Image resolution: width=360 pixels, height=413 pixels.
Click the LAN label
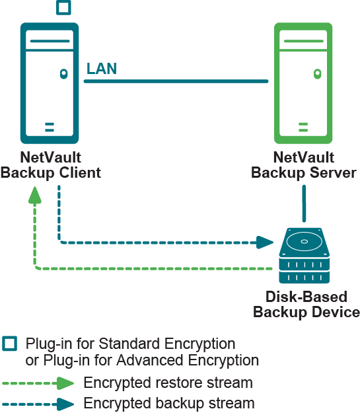click(x=102, y=69)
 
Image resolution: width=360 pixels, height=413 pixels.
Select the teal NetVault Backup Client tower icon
click(x=50, y=83)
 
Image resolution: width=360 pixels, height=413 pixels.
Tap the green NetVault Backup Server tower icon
click(x=303, y=83)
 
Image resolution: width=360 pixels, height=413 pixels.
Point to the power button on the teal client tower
click(x=63, y=74)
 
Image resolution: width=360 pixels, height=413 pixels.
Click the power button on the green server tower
click(x=317, y=74)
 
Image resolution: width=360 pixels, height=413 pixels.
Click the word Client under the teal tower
click(x=80, y=172)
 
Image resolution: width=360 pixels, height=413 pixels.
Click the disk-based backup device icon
click(x=304, y=256)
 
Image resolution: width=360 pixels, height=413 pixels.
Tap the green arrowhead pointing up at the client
click(x=35, y=195)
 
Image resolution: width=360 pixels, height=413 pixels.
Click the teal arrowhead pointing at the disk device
click(x=265, y=243)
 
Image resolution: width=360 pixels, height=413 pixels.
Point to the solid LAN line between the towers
click(x=176, y=81)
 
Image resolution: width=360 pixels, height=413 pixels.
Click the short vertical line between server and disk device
click(x=304, y=204)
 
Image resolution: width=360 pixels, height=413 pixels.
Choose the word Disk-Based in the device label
click(x=306, y=297)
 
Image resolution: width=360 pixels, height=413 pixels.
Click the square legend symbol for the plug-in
click(x=9, y=344)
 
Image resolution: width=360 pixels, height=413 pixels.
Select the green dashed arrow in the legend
click(x=38, y=383)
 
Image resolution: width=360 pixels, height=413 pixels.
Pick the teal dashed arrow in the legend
click(x=38, y=404)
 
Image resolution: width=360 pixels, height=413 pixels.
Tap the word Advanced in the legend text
click(x=149, y=360)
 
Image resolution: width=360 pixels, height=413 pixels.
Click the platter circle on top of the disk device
click(x=304, y=242)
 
